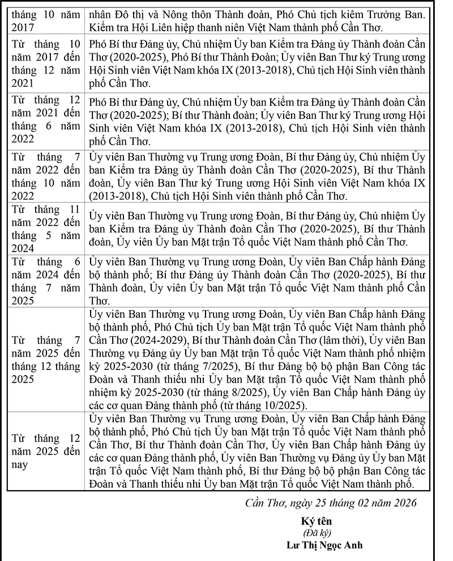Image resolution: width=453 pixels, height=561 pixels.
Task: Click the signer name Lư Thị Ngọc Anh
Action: click(324, 546)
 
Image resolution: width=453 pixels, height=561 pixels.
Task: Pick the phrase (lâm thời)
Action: click(341, 340)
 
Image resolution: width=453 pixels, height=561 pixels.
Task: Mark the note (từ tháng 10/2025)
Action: click(263, 406)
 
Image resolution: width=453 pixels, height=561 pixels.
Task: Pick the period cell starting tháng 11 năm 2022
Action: click(45, 229)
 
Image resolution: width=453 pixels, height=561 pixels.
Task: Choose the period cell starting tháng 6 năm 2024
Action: click(45, 280)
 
